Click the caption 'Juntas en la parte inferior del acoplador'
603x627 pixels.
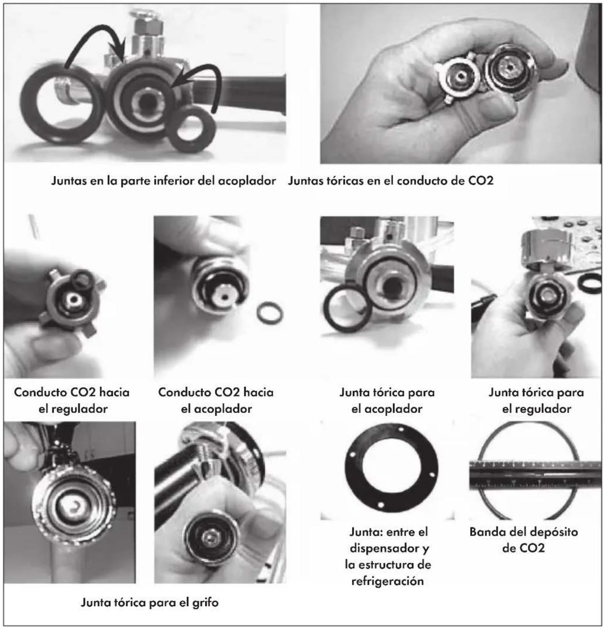tap(163, 181)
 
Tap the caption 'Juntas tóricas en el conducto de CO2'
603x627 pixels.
tap(390, 180)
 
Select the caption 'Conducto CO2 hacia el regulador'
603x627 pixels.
tap(72, 401)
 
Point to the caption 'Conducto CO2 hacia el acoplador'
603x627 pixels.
tap(216, 401)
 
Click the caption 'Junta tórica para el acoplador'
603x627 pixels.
tap(387, 401)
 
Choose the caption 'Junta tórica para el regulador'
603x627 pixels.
tap(536, 401)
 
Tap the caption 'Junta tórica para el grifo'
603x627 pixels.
tap(149, 602)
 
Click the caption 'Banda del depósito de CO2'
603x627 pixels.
tap(523, 540)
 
